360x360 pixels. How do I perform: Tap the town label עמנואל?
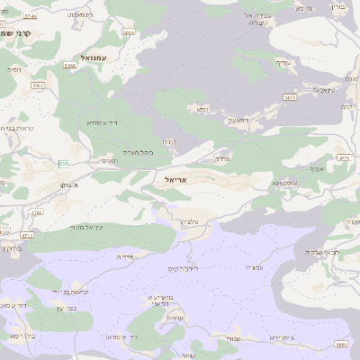94,57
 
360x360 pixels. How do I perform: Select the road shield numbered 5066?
70,66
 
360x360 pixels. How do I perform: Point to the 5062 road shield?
38,85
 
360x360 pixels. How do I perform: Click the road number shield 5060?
128,32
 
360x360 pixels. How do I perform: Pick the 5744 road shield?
31,16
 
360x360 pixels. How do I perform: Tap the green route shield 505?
63,163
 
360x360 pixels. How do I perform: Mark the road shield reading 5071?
290,97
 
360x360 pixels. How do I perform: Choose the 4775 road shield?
343,157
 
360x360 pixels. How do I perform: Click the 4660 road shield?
340,343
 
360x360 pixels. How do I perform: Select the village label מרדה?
221,158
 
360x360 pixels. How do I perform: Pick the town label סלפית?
188,221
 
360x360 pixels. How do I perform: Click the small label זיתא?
202,108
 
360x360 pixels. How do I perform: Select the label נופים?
14,68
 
